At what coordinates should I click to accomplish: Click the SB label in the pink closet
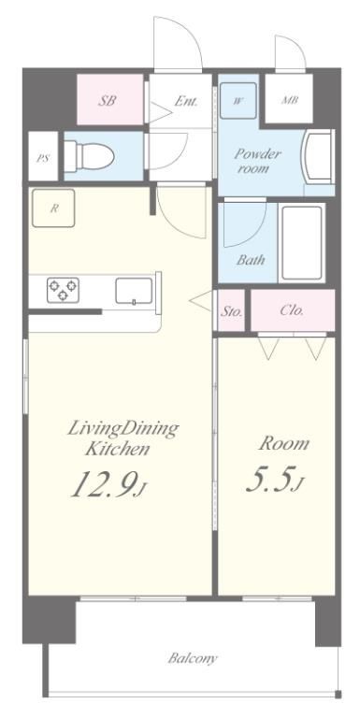tap(107, 101)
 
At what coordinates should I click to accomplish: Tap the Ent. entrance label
tap(186, 101)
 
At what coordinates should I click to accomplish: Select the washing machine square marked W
tap(238, 101)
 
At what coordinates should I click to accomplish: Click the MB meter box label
tap(290, 100)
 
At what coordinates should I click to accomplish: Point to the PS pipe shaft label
tap(43, 159)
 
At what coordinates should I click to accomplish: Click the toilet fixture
tap(89, 156)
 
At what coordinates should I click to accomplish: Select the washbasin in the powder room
tap(319, 157)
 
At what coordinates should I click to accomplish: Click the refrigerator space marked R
tap(53, 208)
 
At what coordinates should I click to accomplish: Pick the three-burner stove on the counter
tap(63, 291)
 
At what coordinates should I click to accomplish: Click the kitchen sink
tap(134, 291)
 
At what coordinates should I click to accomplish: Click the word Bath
tap(251, 260)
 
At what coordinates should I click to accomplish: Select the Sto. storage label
tap(231, 311)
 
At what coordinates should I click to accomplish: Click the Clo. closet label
tap(293, 310)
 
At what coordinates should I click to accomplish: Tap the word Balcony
tap(193, 658)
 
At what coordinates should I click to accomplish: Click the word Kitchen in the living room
tap(118, 449)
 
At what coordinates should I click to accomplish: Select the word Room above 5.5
tap(284, 443)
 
